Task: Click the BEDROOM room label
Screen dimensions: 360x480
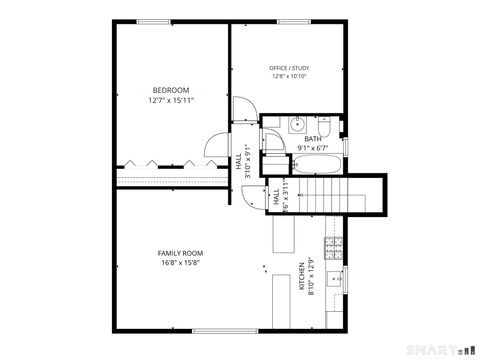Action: [x=170, y=89]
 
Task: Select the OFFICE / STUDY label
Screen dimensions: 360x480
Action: [x=289, y=67]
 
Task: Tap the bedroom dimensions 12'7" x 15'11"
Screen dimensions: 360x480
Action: [x=170, y=100]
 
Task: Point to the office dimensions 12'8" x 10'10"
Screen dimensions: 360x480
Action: [x=289, y=76]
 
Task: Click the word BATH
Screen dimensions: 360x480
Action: [x=313, y=139]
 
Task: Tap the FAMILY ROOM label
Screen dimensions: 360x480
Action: [x=180, y=254]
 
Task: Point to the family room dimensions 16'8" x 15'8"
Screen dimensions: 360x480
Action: [x=180, y=264]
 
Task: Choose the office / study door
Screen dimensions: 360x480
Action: [x=244, y=109]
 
